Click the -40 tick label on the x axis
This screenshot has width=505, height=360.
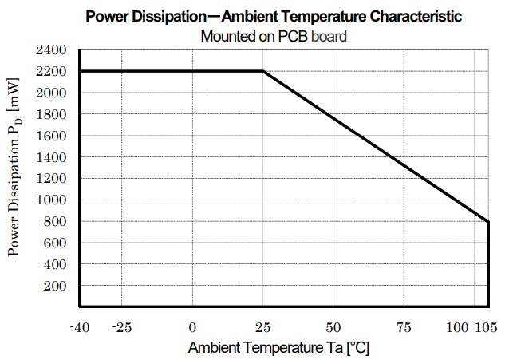pos(79,328)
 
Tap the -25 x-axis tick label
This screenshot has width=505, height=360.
pos(121,328)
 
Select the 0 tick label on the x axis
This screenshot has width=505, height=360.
pos(192,328)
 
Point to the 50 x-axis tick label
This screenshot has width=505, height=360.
pos(333,328)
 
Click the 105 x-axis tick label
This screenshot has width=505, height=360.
pos(487,328)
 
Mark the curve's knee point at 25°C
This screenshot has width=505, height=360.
pos(262,72)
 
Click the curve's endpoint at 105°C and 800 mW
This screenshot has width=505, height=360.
pos(487,221)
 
